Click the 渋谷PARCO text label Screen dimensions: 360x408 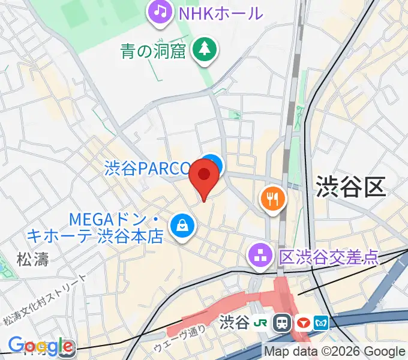coord(148,168)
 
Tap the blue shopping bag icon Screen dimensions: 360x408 coord(181,226)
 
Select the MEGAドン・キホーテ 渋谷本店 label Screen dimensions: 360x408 coord(116,227)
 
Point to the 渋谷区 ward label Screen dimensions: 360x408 coord(350,187)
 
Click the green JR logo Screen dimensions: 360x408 coord(262,323)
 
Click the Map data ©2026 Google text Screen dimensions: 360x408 coord(335,352)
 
